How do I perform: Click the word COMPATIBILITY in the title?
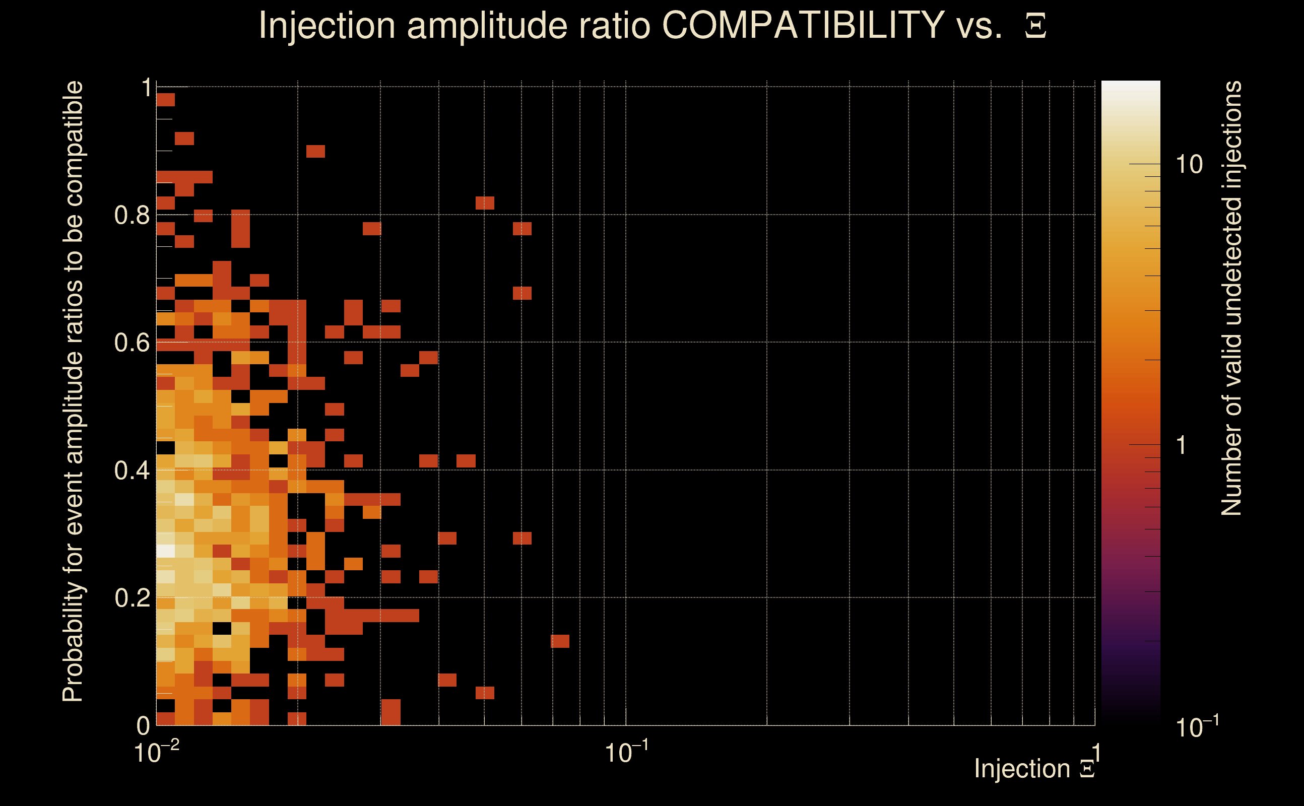[x=803, y=25]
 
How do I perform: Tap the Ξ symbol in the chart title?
[x=1035, y=26]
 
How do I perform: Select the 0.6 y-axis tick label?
[x=132, y=342]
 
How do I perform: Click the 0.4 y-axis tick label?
[x=132, y=470]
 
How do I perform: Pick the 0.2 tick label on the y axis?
[x=132, y=597]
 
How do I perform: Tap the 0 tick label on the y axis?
[x=144, y=725]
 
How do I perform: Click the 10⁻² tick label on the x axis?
[x=156, y=753]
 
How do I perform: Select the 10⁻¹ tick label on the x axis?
[x=626, y=753]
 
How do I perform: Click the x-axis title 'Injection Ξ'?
[x=1034, y=769]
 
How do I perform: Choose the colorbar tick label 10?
[x=1189, y=164]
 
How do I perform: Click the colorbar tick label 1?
[x=1182, y=445]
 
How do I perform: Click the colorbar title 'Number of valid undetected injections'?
[x=1231, y=299]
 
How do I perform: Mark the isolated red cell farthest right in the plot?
[x=560, y=641]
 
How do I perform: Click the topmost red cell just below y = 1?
[x=166, y=100]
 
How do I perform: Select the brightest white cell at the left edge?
[x=166, y=551]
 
